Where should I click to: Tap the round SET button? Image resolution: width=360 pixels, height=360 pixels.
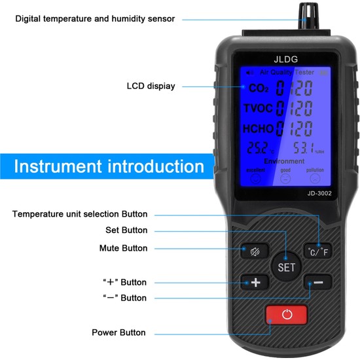(287, 266)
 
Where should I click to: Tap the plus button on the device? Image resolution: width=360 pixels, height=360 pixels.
(255, 283)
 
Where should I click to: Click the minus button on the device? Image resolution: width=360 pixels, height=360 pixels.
(318, 283)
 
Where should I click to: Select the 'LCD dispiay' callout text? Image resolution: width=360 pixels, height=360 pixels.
(151, 86)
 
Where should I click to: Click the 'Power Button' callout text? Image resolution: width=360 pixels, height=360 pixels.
(118, 333)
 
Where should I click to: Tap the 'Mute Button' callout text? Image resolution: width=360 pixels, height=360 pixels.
(123, 248)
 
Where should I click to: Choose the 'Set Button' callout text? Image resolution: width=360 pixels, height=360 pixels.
(126, 230)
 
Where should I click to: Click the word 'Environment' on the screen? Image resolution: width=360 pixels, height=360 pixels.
(284, 161)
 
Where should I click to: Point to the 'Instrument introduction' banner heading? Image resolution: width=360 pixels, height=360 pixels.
(109, 166)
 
